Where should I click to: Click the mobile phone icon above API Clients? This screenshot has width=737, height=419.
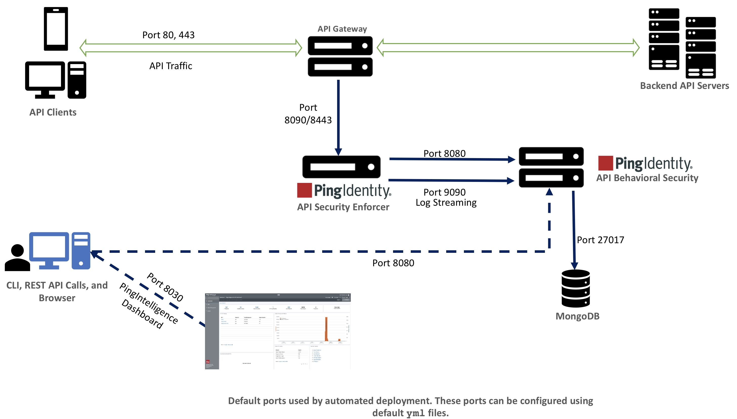pyautogui.click(x=56, y=29)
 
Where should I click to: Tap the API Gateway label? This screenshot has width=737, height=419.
pyautogui.click(x=342, y=29)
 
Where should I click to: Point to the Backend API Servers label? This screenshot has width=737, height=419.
pyautogui.click(x=684, y=86)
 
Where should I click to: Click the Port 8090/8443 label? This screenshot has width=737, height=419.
pyautogui.click(x=308, y=114)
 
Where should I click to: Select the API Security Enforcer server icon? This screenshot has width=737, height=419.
pyautogui.click(x=341, y=167)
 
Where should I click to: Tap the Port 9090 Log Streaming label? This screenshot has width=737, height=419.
pyautogui.click(x=446, y=197)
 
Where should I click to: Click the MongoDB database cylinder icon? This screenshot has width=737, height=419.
pyautogui.click(x=576, y=288)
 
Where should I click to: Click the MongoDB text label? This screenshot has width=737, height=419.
pyautogui.click(x=577, y=316)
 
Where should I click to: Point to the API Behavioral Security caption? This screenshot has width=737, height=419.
pyautogui.click(x=647, y=178)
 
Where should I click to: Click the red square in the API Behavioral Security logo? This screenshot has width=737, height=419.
pyautogui.click(x=605, y=163)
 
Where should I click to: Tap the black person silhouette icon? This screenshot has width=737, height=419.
pyautogui.click(x=17, y=258)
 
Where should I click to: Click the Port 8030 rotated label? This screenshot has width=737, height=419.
pyautogui.click(x=165, y=287)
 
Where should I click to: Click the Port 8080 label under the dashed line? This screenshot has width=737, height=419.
pyautogui.click(x=393, y=263)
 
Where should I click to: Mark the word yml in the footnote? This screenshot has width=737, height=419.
pyautogui.click(x=415, y=413)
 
